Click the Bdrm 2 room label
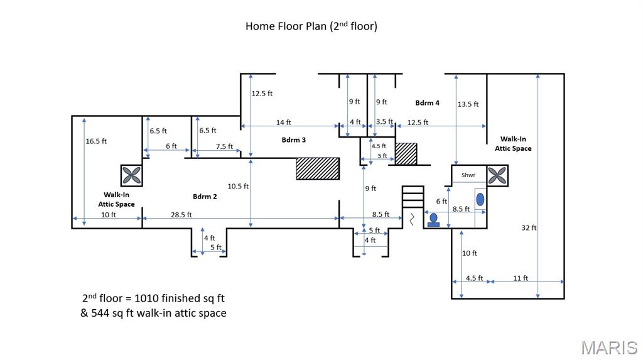pyautogui.click(x=205, y=197)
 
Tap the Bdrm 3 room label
pyautogui.click(x=293, y=140)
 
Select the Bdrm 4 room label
pyautogui.click(x=427, y=102)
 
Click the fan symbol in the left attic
pyautogui.click(x=131, y=175)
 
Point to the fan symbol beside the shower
pyautogui.click(x=497, y=175)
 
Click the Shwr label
pyautogui.click(x=468, y=175)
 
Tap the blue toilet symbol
pyautogui.click(x=433, y=220)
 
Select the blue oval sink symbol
pyautogui.click(x=480, y=200)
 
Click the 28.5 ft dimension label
pyautogui.click(x=181, y=215)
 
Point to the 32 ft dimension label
pyautogui.click(x=529, y=227)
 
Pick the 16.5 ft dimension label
pyautogui.click(x=96, y=141)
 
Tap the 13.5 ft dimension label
pyautogui.click(x=468, y=104)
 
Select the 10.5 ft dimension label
pyautogui.click(x=238, y=186)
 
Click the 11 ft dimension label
pyautogui.click(x=521, y=278)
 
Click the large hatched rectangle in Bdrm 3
pyautogui.click(x=318, y=168)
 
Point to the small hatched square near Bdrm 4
pyautogui.click(x=406, y=154)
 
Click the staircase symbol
pyautogui.click(x=413, y=196)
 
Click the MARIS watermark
pyautogui.click(x=608, y=347)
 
